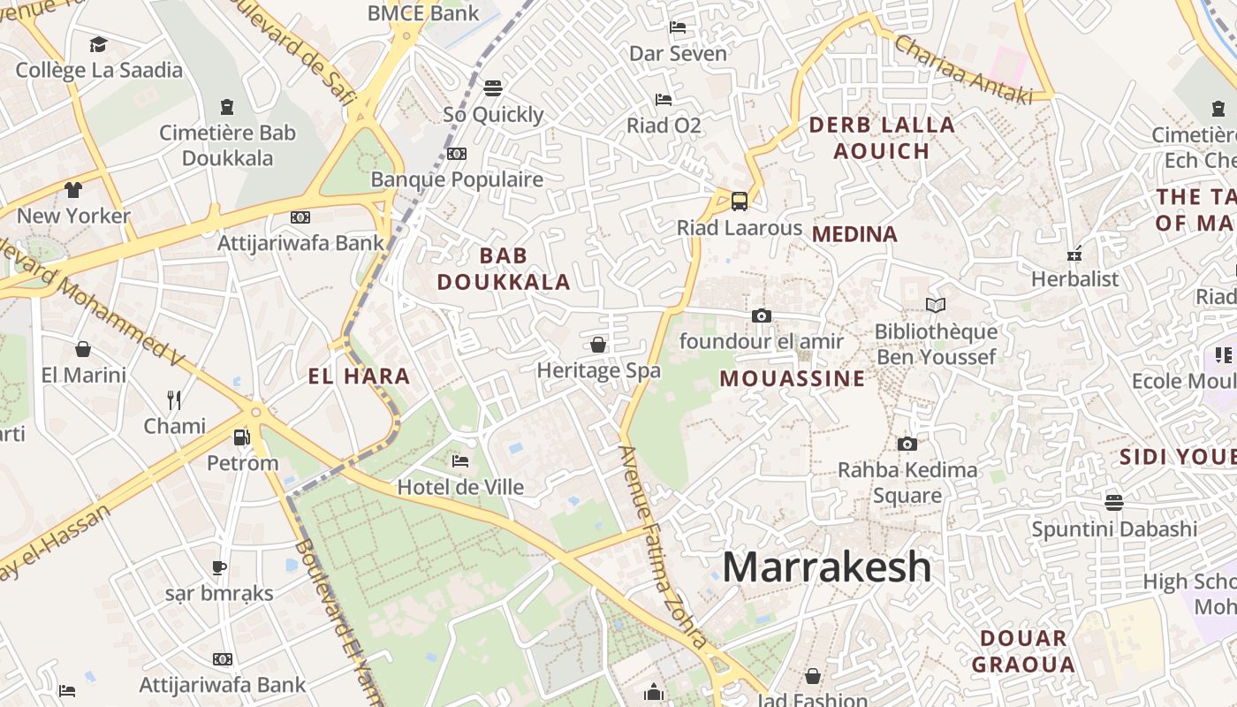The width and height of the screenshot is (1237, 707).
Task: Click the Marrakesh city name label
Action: point(827,567)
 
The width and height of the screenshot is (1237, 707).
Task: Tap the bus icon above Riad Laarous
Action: point(740,201)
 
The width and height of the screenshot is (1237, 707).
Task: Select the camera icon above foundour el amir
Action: point(761,315)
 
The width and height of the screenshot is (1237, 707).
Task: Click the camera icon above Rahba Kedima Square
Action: point(907,444)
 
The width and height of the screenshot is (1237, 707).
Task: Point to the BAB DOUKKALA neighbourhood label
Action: point(504,269)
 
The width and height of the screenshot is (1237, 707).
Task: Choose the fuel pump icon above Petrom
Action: point(241,437)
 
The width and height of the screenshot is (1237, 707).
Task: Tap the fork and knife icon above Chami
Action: point(174,400)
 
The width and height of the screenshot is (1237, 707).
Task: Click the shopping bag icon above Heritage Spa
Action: point(598,345)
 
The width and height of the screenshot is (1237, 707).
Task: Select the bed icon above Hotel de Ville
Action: point(459,460)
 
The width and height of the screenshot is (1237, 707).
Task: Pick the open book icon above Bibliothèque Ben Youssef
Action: point(935,306)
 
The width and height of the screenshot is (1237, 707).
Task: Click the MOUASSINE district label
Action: point(793,378)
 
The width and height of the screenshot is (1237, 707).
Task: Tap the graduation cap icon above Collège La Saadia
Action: point(98,44)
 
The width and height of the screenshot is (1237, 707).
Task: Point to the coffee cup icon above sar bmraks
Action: point(219,567)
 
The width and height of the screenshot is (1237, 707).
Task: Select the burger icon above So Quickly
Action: point(493,88)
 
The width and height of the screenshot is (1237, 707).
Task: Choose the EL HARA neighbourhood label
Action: point(359,376)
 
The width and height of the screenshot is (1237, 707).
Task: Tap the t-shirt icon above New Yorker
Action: point(73,189)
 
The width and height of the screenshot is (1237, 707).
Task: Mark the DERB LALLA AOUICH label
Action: point(882,138)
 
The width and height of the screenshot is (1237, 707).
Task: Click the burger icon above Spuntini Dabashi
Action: point(1114,503)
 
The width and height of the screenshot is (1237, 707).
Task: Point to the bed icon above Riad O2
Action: point(664,99)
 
